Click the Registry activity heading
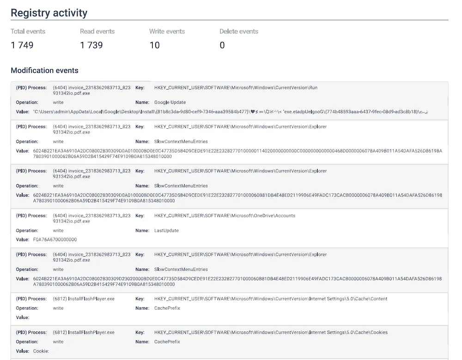coord(49,12)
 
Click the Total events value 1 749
coord(22,45)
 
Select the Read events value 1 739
coord(91,45)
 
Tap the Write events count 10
coord(154,45)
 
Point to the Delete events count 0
coord(222,45)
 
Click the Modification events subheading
coord(44,71)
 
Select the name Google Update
coord(170,102)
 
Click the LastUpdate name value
coord(166,230)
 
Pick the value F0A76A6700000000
coord(55,240)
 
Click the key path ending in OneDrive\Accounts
coord(225,216)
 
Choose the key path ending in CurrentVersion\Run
coord(236,88)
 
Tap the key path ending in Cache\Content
coord(271,299)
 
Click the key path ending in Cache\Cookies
coord(271,332)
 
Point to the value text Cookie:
coord(41,351)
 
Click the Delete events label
coord(239,31)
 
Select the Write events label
coord(167,31)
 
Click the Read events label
coord(97,31)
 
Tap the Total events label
coord(28,31)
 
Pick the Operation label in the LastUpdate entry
coord(27,230)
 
